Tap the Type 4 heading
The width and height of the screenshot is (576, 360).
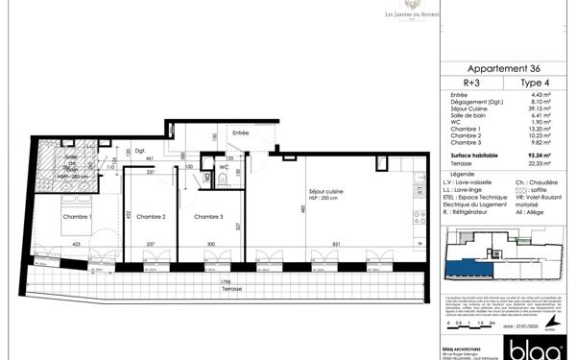tap(535, 83)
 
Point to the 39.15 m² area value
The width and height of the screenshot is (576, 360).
tap(542, 108)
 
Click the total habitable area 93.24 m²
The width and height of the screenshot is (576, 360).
tap(540, 156)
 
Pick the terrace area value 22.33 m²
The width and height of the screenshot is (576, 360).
tap(541, 162)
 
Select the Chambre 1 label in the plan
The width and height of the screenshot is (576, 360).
tap(77, 217)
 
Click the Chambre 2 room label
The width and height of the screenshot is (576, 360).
tap(149, 217)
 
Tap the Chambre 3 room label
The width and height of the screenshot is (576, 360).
tap(209, 217)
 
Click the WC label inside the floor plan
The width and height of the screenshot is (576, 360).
tap(223, 166)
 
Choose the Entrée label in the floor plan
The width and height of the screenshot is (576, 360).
tap(240, 133)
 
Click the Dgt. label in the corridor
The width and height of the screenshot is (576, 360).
tap(140, 150)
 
